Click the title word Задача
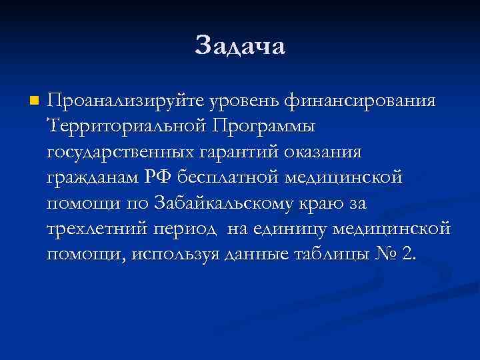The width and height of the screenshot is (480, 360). (240, 47)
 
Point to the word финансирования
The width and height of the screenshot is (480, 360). (361, 101)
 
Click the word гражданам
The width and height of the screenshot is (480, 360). (93, 178)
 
